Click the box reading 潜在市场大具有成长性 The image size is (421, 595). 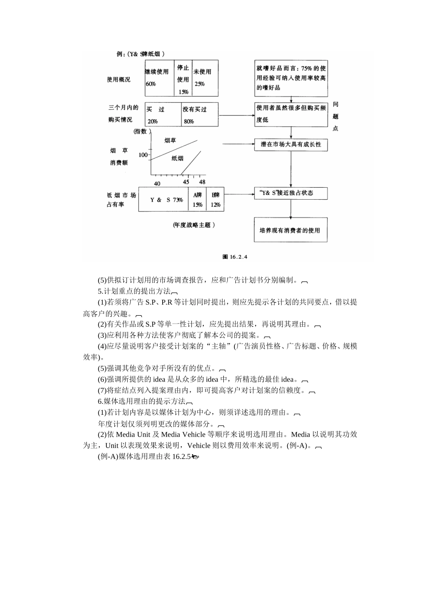tap(291, 145)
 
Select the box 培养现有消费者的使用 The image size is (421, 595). tap(290, 230)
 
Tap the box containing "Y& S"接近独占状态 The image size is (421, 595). tap(290, 193)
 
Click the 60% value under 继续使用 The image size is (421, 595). tap(151, 84)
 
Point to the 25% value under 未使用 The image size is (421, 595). tap(199, 84)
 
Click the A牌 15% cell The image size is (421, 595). tap(197, 200)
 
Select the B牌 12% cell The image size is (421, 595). tap(215, 200)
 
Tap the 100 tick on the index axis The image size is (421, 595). tap(143, 155)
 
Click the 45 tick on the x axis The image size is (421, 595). tap(186, 182)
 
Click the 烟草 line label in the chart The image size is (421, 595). tap(170, 141)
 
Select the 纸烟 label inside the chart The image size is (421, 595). tap(177, 158)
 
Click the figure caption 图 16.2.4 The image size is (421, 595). tap(234, 256)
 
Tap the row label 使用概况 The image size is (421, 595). tap(118, 80)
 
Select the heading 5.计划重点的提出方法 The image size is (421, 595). tap(134, 291)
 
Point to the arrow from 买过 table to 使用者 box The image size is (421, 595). tap(236, 116)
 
